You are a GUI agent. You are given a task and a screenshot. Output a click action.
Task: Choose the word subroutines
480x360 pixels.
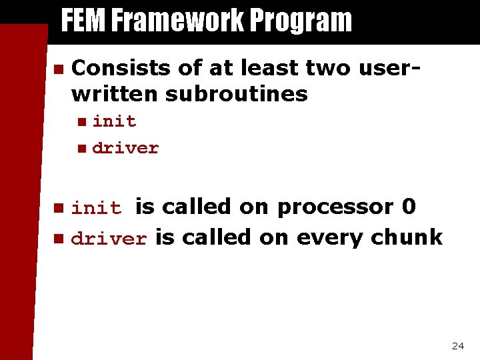pos(236,94)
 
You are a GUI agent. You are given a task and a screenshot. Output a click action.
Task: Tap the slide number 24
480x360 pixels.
pos(458,346)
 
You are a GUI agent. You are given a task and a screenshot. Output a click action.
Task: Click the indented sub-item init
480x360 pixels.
pos(114,121)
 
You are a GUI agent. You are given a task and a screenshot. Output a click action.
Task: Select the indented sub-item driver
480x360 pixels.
pos(125,148)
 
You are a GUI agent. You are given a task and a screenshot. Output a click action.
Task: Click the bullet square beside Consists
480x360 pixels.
pos(58,69)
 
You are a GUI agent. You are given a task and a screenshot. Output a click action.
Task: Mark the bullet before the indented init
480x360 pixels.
pos(81,122)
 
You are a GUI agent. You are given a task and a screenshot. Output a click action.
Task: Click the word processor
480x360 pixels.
pos(335,208)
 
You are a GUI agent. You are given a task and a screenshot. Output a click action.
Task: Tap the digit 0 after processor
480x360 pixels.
pos(409,207)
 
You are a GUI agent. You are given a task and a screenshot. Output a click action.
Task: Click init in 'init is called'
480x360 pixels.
pos(96,209)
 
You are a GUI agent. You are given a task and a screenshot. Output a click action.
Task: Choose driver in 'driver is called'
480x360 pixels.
pos(108,239)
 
